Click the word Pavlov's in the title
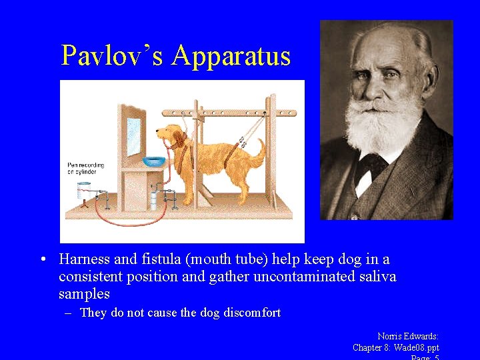(111, 56)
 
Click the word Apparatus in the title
(231, 56)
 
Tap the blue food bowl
(155, 161)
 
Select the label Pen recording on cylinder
(82, 168)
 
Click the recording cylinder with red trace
(83, 190)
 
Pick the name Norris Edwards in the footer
(407, 337)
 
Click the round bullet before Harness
(43, 259)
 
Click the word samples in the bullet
(84, 293)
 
